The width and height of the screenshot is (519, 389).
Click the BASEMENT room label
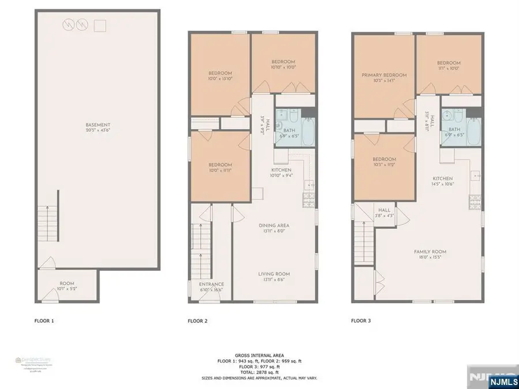(x=97, y=125)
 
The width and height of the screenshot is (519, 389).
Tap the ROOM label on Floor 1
(x=67, y=284)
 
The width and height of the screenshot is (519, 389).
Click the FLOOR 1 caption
(x=44, y=320)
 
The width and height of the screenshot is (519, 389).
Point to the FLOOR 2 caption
(x=198, y=320)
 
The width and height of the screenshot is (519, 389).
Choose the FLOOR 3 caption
(x=362, y=320)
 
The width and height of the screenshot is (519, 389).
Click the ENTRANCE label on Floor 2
(x=211, y=284)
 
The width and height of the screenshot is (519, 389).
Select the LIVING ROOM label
(x=274, y=274)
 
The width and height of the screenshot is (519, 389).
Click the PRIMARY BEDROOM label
(x=384, y=75)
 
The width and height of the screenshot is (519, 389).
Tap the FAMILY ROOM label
(x=430, y=252)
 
